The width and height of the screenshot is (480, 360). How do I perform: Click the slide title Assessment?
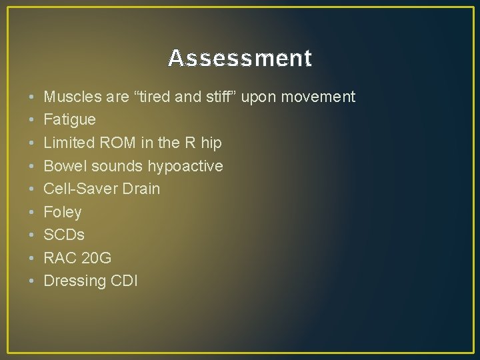tap(240, 59)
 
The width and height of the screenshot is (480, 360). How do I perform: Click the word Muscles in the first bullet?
tap(69, 97)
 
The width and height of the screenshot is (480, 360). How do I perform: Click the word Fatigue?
tap(69, 120)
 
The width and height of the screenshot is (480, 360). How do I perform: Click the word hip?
tap(210, 143)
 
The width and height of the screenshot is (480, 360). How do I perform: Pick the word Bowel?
tap(64, 166)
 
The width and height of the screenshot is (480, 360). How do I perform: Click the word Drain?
tap(141, 189)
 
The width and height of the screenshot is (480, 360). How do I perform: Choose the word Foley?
tap(63, 212)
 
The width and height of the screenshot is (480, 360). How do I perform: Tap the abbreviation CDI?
tap(124, 281)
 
